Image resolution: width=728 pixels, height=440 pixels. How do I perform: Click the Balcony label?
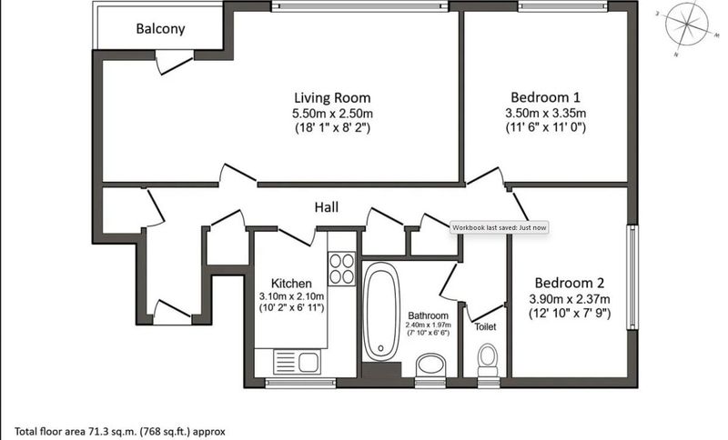(160, 29)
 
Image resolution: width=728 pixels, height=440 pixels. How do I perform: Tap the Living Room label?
(332, 98)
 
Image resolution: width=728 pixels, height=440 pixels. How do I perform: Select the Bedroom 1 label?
(545, 97)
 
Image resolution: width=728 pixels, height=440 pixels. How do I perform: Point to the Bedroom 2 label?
(570, 283)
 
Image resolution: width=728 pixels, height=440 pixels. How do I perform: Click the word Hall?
(327, 206)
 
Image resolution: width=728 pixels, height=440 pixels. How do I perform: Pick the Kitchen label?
(291, 284)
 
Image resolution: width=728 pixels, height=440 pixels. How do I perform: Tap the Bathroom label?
(428, 315)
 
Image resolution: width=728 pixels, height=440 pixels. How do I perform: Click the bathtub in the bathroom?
(380, 312)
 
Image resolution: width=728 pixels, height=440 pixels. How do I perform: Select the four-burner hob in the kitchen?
(342, 269)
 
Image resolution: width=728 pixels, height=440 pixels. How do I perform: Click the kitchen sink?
(297, 362)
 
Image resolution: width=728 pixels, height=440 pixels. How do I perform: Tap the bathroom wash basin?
(430, 365)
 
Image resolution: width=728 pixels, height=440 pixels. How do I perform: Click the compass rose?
(687, 25)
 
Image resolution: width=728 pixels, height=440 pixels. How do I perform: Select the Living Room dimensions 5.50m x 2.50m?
(332, 113)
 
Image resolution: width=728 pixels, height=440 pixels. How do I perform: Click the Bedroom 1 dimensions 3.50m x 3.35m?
(545, 113)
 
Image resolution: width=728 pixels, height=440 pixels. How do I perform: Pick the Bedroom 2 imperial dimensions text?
(570, 314)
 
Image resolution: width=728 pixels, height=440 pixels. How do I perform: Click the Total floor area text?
(120, 431)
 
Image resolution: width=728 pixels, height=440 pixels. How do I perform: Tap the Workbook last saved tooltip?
(499, 227)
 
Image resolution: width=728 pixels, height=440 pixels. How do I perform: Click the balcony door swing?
(174, 63)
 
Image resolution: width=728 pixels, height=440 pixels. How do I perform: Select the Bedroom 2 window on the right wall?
(632, 277)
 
